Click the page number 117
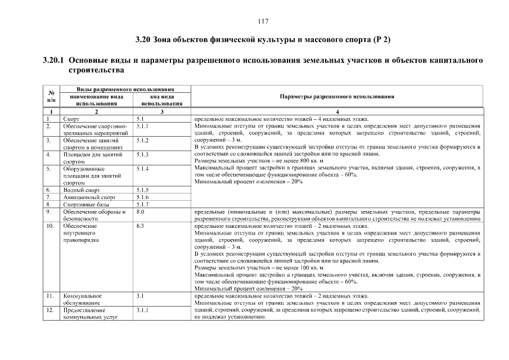click(263, 22)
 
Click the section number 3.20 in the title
click(143, 40)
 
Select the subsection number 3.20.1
click(55, 60)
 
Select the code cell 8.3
click(140, 226)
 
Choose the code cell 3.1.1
click(142, 310)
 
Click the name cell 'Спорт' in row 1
click(71, 119)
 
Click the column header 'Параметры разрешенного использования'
click(336, 96)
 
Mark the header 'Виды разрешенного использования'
click(125, 89)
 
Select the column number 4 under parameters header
click(337, 112)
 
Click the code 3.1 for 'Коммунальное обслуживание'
click(140, 296)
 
